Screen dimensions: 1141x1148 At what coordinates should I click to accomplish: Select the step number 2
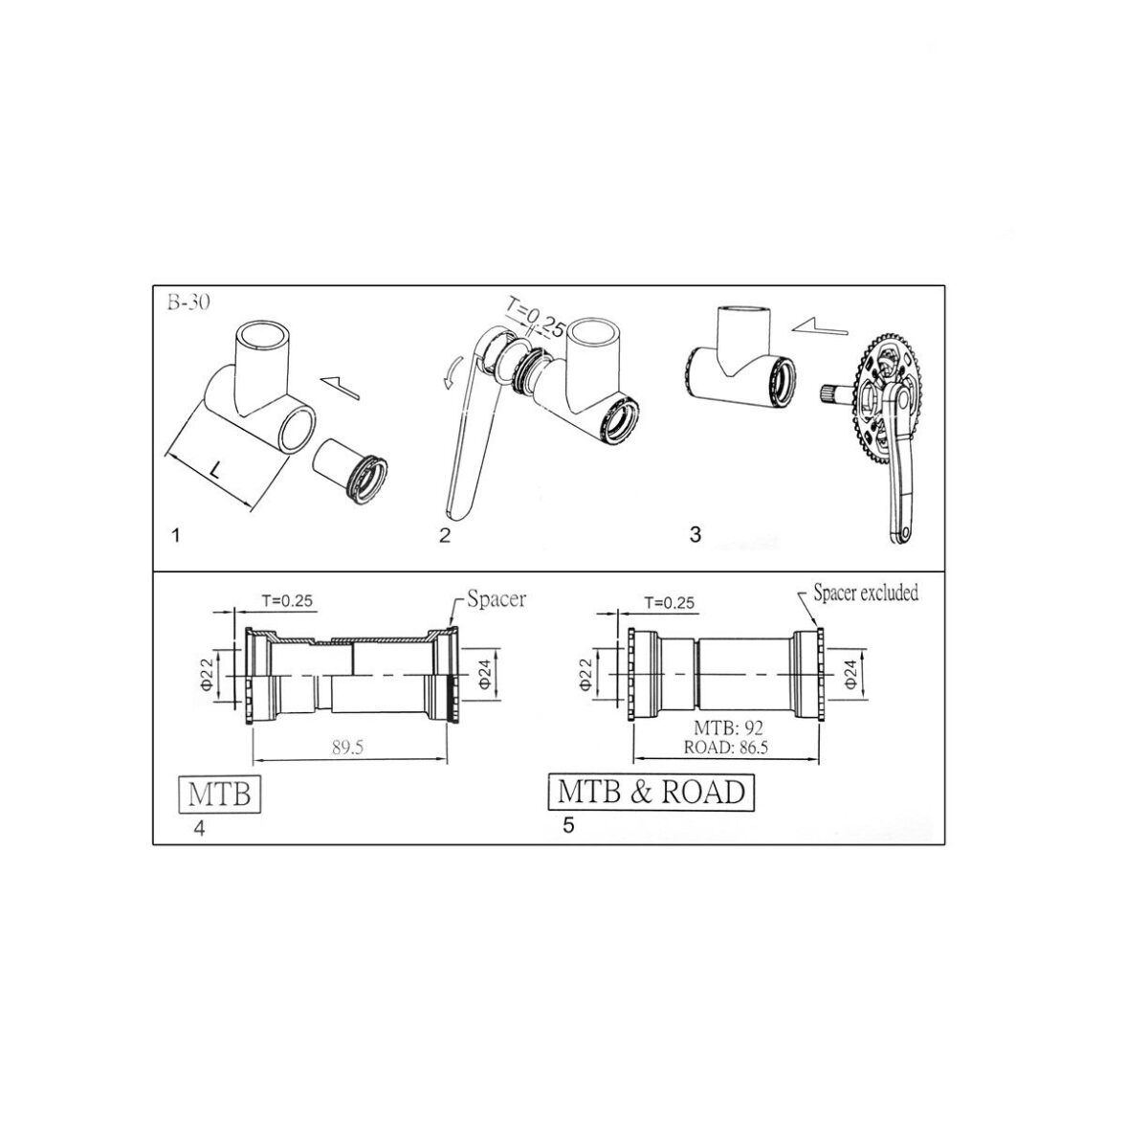pyautogui.click(x=444, y=534)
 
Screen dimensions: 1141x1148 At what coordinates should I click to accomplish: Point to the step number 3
pyautogui.click(x=695, y=533)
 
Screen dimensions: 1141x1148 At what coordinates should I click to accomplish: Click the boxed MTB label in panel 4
pyautogui.click(x=221, y=794)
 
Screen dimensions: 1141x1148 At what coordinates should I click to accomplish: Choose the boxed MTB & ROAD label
pyautogui.click(x=651, y=793)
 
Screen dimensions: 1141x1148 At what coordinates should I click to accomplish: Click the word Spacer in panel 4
pyautogui.click(x=497, y=600)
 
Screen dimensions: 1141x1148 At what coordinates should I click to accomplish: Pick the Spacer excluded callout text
pyautogui.click(x=865, y=593)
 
